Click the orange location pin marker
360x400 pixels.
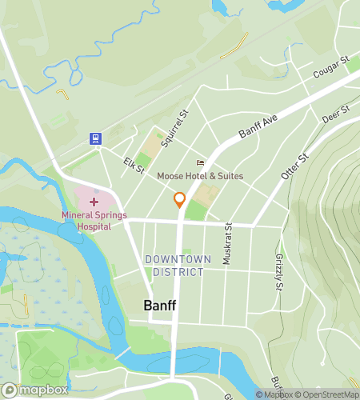pyautogui.click(x=179, y=200)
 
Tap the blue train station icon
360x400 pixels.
pyautogui.click(x=96, y=138)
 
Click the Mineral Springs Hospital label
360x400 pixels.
pyautogui.click(x=95, y=221)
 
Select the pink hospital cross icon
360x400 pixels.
pyautogui.click(x=94, y=202)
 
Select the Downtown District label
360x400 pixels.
pyautogui.click(x=178, y=266)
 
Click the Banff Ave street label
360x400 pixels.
pyautogui.click(x=257, y=128)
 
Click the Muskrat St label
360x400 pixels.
pyautogui.click(x=228, y=237)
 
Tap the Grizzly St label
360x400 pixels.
pyautogui.click(x=278, y=272)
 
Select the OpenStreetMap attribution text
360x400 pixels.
pyautogui.click(x=328, y=394)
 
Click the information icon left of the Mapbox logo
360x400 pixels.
pyautogui.click(x=9, y=390)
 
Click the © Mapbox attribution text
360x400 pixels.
pyautogui.click(x=275, y=394)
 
